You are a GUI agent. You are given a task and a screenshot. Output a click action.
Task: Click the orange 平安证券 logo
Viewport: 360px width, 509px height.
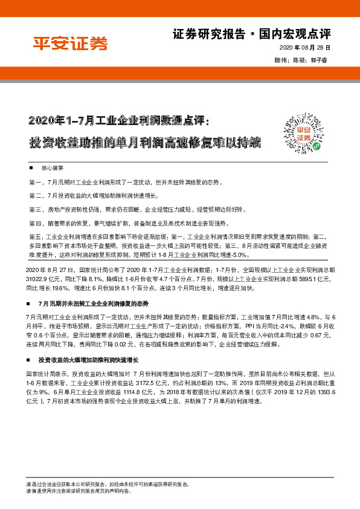[x=69, y=44]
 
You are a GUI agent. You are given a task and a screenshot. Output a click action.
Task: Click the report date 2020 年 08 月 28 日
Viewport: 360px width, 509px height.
[x=305, y=47]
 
